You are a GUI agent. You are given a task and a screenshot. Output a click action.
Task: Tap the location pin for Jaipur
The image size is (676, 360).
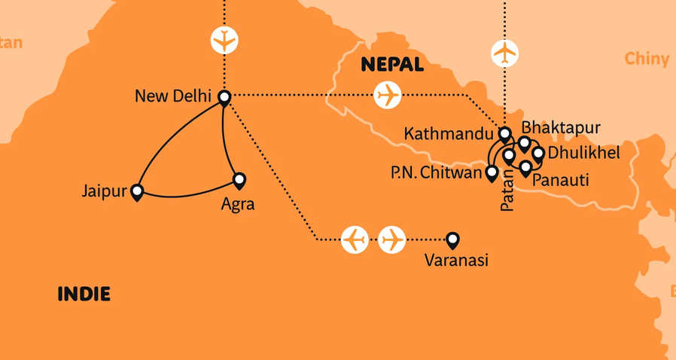tap(137, 192)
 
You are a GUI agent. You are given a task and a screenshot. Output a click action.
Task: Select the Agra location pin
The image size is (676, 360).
tap(239, 180)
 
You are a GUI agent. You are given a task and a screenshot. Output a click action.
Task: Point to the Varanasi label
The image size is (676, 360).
tap(457, 261)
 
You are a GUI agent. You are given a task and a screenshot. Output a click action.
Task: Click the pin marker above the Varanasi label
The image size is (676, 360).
tap(452, 239)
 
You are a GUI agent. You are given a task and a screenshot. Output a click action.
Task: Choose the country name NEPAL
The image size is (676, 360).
tap(392, 65)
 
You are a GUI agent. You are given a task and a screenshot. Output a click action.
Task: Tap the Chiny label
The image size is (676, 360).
tap(647, 59)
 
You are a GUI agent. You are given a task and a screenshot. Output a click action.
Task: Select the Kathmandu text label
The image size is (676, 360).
tap(449, 134)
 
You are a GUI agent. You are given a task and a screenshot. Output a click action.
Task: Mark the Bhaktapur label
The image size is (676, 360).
tap(561, 127)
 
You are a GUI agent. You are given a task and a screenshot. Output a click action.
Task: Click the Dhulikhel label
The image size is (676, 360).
tap(584, 154)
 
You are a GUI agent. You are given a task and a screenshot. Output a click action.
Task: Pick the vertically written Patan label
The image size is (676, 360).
tap(507, 191)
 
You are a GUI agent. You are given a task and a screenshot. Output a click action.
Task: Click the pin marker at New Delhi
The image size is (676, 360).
tap(224, 96)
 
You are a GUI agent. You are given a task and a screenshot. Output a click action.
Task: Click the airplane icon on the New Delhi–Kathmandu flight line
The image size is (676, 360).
tap(388, 96)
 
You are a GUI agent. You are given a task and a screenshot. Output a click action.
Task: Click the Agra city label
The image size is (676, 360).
tap(237, 203)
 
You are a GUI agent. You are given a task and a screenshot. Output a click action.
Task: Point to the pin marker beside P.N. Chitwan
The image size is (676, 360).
tap(492, 173)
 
